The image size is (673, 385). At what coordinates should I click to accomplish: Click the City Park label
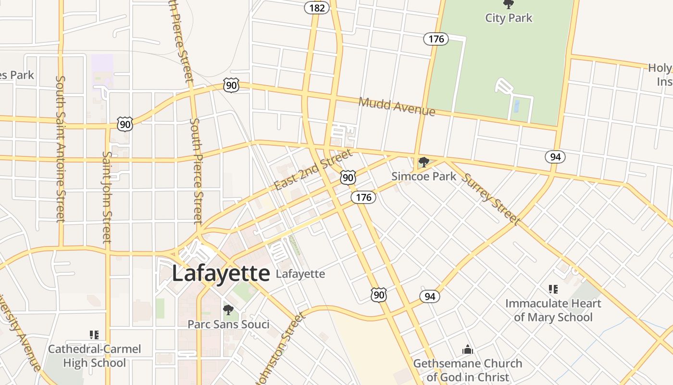pos(509,18)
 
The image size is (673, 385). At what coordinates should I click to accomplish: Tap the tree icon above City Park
pos(508,5)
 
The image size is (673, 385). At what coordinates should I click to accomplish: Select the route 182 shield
pos(317,8)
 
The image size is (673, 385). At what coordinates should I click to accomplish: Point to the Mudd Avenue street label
pos(397,106)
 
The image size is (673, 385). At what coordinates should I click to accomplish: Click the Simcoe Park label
pos(424,176)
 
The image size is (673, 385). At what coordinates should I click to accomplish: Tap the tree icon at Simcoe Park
pos(424,162)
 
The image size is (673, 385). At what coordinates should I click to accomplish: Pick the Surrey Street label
pos(490,198)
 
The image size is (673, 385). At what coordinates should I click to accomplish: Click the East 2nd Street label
pos(313,170)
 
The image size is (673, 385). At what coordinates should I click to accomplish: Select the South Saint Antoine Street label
pos(61,149)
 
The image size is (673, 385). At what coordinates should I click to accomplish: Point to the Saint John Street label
pos(107,197)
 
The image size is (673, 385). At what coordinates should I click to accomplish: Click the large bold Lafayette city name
pos(221,274)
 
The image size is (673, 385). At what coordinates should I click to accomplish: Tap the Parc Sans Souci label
pos(228,324)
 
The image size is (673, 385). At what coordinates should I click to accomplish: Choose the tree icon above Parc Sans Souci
pos(228,309)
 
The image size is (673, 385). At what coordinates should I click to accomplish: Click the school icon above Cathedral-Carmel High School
pos(94,334)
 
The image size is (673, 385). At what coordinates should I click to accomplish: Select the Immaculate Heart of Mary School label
pos(553,310)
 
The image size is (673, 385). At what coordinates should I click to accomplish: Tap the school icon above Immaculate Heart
pos(553,289)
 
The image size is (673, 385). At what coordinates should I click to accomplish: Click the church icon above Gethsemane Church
pos(467,349)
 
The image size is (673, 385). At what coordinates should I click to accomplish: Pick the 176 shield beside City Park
pos(436,39)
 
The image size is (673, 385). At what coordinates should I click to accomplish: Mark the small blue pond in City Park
pos(516,106)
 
